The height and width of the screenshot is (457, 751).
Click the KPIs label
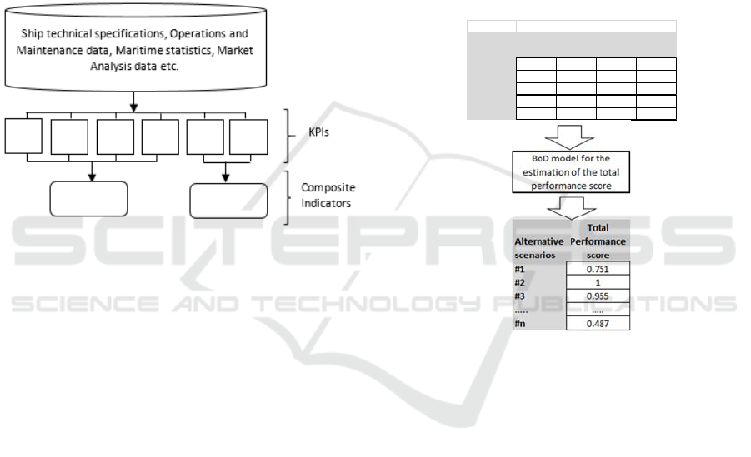click(319, 132)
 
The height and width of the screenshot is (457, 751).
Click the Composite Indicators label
click(328, 196)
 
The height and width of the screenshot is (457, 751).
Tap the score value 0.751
click(598, 269)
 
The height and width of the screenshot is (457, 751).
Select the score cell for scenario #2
click(598, 282)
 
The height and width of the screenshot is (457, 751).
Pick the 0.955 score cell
click(598, 296)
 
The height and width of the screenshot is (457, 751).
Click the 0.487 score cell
click(598, 324)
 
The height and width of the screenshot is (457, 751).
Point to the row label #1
click(519, 269)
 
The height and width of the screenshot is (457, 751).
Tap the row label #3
click(519, 296)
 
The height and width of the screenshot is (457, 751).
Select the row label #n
click(519, 324)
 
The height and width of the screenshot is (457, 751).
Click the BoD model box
click(571, 172)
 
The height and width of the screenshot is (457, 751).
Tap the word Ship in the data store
click(30, 34)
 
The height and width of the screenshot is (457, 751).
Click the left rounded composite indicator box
click(88, 199)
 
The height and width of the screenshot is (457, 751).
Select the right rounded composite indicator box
click(228, 201)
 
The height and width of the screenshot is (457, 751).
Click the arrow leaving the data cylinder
click(133, 102)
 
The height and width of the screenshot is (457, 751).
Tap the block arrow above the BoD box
click(570, 137)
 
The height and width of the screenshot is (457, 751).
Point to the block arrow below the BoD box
click(572, 208)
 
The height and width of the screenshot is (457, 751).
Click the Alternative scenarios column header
click(538, 248)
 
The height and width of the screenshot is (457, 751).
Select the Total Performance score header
click(598, 241)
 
